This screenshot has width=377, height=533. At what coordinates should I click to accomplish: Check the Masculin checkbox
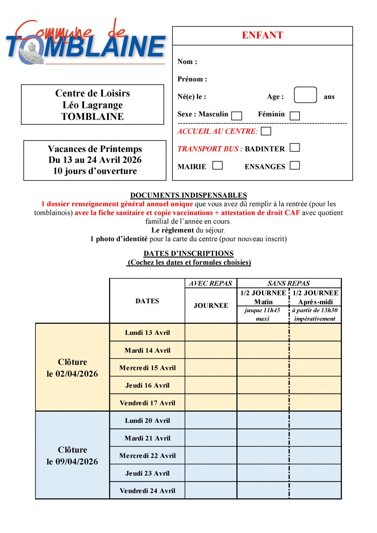237,115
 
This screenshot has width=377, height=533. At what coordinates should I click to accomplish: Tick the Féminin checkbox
294,115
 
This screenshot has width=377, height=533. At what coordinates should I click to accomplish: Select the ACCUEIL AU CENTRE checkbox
266,131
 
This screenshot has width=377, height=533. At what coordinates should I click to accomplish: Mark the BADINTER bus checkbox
294,148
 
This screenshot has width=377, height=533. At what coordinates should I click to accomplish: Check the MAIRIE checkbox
217,166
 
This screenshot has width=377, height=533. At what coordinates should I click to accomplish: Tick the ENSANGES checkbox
294,166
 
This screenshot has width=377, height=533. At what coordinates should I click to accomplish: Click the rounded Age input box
306,95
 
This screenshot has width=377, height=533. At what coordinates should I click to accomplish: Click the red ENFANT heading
262,36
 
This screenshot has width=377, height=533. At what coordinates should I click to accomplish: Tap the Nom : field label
187,62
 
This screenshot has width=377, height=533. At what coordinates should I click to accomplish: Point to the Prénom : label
192,79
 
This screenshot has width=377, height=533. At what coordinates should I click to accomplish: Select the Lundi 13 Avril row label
147,332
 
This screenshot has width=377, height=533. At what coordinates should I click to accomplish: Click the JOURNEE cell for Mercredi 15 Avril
211,367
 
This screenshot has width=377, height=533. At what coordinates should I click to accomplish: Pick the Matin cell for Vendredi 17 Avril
263,402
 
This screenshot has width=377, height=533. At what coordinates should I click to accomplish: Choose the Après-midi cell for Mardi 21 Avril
315,438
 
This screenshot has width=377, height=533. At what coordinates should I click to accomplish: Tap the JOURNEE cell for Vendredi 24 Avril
211,490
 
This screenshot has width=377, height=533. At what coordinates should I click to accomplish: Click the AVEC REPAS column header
211,283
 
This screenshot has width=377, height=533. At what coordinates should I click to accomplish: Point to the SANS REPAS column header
289,283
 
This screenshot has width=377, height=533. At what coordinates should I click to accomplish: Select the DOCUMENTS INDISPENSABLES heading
188,195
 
